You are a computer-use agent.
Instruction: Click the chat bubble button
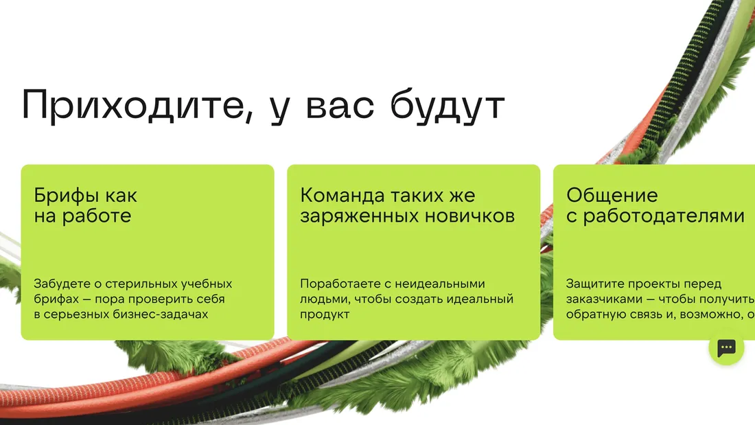(726, 348)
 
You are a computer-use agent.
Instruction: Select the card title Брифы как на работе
(86, 206)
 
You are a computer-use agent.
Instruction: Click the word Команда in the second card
(342, 196)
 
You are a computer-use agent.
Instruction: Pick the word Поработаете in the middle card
(334, 284)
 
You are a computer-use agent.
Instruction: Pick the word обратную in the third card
(592, 314)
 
